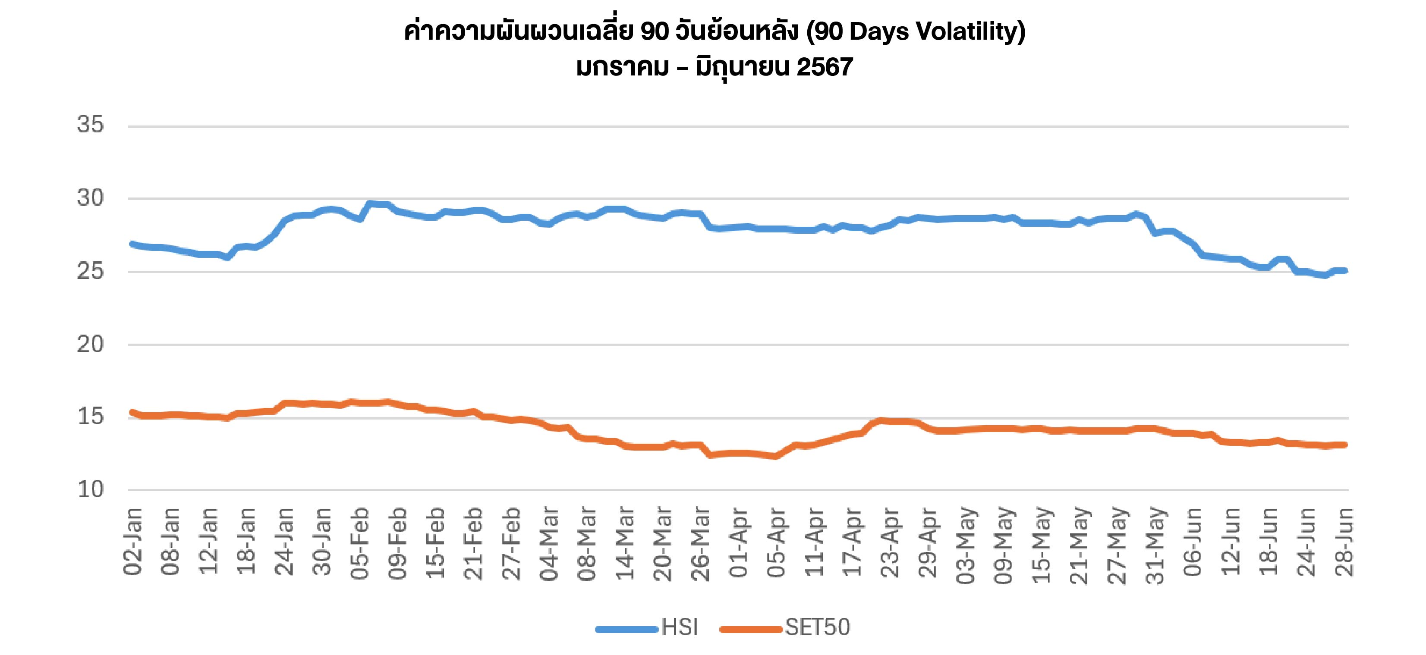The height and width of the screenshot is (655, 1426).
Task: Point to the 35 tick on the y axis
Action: tap(90, 125)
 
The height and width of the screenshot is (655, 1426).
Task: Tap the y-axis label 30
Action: tap(90, 198)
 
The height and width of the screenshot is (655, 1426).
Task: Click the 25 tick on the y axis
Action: tap(90, 271)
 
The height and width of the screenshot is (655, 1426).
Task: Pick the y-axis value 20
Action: tap(90, 345)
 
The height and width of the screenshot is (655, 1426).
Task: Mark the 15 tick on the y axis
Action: tap(90, 417)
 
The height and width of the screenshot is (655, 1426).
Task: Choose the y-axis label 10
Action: tap(90, 489)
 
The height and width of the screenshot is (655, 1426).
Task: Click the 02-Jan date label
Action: tap(133, 542)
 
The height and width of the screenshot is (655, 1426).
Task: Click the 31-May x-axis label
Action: tap(1156, 545)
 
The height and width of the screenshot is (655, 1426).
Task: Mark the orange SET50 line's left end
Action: tap(132, 412)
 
